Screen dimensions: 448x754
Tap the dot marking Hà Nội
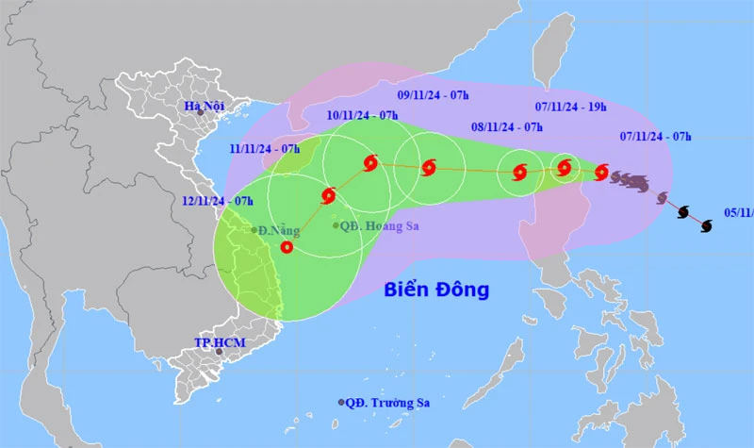tap(201, 112)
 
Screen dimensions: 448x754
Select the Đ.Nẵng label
tap(275, 229)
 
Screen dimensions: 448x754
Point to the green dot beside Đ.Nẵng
tap(254, 229)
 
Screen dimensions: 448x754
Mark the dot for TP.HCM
tap(219, 352)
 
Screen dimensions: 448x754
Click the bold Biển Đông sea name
tap(436, 290)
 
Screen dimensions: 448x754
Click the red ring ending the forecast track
tap(287, 248)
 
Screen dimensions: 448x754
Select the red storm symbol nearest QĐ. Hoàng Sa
tap(328, 196)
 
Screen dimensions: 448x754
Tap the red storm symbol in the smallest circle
tap(565, 168)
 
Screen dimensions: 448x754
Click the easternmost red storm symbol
tap(601, 171)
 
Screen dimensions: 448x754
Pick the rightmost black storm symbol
tap(706, 224)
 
